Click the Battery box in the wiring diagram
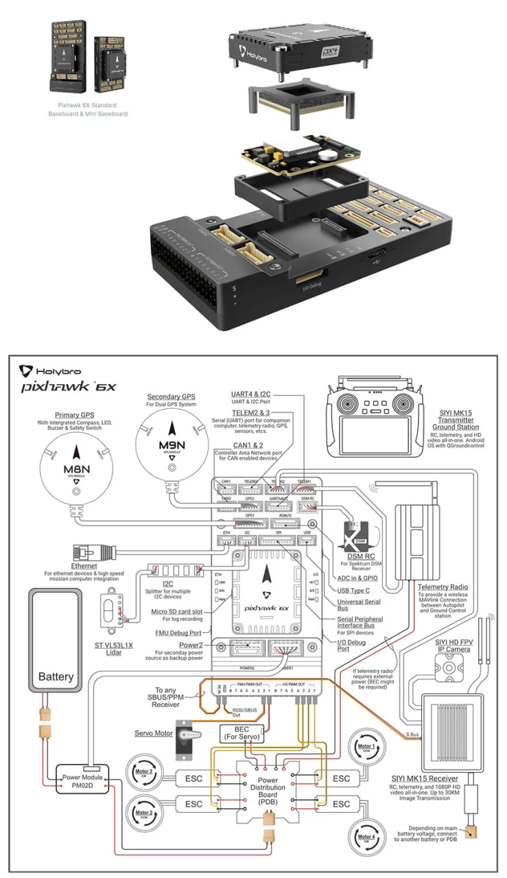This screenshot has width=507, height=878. (56, 639)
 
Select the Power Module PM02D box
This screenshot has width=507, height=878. (82, 781)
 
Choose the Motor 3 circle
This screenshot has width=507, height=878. (145, 772)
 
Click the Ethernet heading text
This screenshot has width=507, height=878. (84, 567)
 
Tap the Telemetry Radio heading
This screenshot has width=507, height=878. (443, 587)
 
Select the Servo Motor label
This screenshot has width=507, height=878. (154, 733)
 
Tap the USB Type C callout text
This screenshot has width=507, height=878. (355, 590)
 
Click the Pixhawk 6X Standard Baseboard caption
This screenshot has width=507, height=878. (87, 110)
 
